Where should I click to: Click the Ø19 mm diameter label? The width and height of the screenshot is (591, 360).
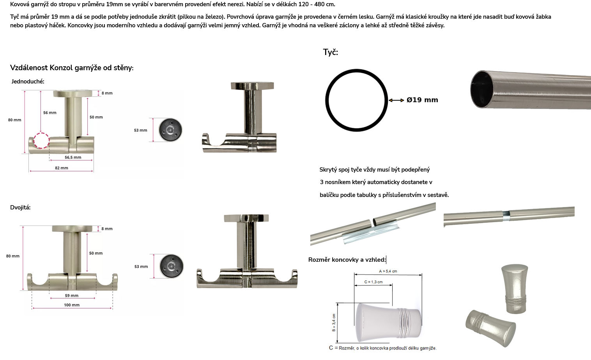[422, 100]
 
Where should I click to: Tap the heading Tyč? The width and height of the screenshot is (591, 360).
[330, 52]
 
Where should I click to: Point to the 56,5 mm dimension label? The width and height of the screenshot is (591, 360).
[73, 157]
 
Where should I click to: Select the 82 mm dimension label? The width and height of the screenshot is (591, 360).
[62, 168]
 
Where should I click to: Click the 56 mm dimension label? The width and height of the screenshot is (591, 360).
[50, 113]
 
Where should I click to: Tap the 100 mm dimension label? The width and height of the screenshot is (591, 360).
[72, 305]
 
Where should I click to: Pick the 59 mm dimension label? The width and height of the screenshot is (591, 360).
[72, 296]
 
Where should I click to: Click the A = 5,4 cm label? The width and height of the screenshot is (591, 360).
[388, 271]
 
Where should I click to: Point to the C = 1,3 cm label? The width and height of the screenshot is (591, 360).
[373, 282]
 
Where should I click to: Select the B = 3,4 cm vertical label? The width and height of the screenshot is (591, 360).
[334, 323]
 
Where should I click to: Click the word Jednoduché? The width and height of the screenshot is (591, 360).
[28, 81]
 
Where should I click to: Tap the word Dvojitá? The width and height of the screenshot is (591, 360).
[20, 207]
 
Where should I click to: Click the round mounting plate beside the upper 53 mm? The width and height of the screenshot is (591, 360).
[170, 130]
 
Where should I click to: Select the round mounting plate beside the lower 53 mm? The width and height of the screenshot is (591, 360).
[171, 266]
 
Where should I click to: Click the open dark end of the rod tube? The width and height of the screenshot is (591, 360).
[482, 89]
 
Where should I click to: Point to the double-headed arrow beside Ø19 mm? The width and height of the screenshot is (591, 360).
[396, 100]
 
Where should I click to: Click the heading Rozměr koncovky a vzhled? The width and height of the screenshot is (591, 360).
[347, 260]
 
